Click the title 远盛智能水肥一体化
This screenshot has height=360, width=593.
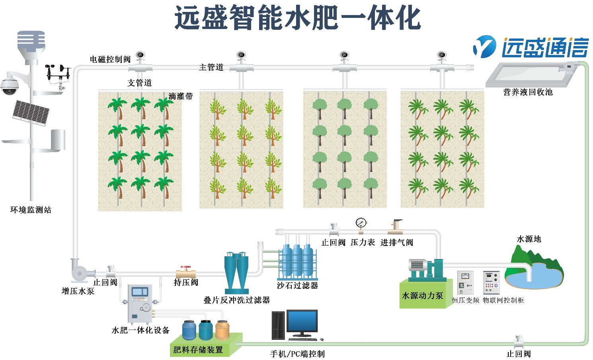point(297,18)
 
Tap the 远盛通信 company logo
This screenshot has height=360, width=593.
point(531,47)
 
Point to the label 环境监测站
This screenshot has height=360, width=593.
point(31,210)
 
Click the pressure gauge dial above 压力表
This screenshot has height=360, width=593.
point(361,223)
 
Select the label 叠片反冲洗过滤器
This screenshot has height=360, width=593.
point(236,300)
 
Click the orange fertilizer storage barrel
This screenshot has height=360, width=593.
point(222,330)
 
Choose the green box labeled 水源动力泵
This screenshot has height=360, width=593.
point(423,295)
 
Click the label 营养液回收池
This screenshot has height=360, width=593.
point(528,92)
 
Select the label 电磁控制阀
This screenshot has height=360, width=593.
point(110,59)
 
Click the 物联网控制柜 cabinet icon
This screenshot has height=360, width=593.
point(491,283)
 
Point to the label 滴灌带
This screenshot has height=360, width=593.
point(180,96)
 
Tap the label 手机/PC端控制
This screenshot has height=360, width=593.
point(297,354)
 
